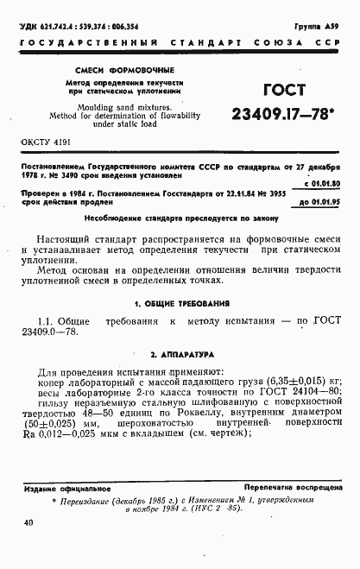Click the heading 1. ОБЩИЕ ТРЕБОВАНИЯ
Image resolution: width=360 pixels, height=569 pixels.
[181, 304]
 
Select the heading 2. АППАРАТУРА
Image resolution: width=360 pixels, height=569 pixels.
[181, 355]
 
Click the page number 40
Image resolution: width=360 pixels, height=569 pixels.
[29, 523]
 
